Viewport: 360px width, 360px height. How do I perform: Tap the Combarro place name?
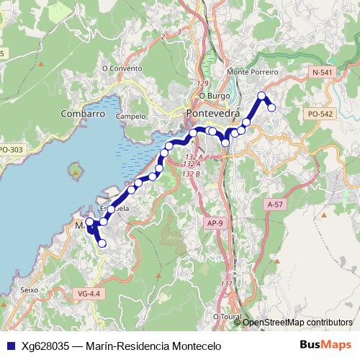(x=83, y=114)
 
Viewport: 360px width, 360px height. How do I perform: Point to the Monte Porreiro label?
(x=251, y=73)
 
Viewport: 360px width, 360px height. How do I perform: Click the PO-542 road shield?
(x=320, y=114)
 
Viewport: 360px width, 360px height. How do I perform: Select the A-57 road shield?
(x=274, y=204)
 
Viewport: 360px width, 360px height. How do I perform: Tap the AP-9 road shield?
(x=215, y=223)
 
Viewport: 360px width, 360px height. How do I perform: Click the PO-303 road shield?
(x=10, y=150)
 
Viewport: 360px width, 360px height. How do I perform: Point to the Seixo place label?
(x=30, y=290)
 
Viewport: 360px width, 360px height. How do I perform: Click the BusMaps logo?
(x=326, y=346)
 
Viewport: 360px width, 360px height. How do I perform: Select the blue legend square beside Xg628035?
(x=9, y=346)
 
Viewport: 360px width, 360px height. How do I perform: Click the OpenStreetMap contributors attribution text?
(x=297, y=323)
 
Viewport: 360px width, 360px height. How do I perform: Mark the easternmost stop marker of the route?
(x=272, y=107)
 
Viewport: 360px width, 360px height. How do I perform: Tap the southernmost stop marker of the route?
(x=102, y=243)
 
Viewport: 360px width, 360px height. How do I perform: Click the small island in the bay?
(x=74, y=172)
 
